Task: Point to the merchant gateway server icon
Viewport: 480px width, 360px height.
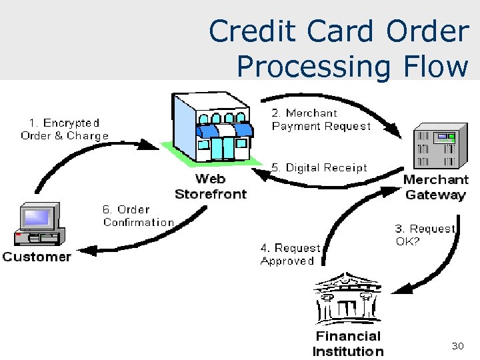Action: pyautogui.click(x=436, y=147)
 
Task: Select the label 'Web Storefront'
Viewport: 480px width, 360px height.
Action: pyautogui.click(x=210, y=187)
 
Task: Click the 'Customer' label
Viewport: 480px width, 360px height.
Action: pyautogui.click(x=37, y=257)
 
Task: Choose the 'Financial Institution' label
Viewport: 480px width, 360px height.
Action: pyautogui.click(x=347, y=344)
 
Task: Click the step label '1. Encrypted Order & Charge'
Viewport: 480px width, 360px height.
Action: pyautogui.click(x=65, y=129)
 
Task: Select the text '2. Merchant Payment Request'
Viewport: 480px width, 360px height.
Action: pyautogui.click(x=321, y=119)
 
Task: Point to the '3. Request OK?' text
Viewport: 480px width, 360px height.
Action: pyautogui.click(x=425, y=235)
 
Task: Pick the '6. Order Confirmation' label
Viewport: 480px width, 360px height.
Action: pyautogui.click(x=138, y=216)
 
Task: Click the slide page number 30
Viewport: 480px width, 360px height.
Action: pyautogui.click(x=457, y=346)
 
